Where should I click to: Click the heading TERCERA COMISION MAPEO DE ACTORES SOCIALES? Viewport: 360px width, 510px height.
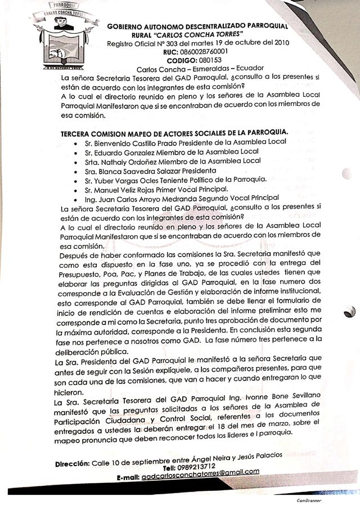coord(174,132)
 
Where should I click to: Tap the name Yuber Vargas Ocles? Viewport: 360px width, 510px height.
coord(124,180)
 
